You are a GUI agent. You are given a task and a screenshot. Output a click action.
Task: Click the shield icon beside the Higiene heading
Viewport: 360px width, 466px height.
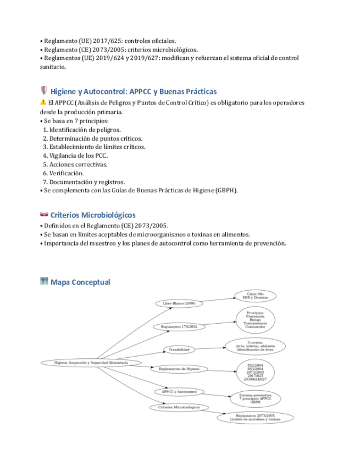click(x=44, y=91)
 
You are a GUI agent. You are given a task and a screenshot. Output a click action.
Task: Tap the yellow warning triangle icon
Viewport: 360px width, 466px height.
click(x=43, y=103)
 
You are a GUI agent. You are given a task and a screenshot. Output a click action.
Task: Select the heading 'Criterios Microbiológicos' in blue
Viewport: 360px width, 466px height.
click(x=92, y=215)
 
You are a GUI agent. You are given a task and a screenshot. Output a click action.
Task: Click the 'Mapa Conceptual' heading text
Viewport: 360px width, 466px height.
click(x=80, y=282)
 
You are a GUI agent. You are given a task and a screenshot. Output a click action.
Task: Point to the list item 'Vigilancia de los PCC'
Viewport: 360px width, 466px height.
click(x=78, y=156)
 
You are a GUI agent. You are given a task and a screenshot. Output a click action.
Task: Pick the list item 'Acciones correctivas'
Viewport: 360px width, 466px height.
click(x=78, y=164)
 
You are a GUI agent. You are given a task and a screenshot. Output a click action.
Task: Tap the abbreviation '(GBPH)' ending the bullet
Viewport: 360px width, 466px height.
click(x=226, y=191)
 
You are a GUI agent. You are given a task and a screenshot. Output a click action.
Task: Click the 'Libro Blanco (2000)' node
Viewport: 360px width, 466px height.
click(x=178, y=303)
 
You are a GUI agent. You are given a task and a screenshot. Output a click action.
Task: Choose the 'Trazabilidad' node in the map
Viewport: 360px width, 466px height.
click(x=179, y=349)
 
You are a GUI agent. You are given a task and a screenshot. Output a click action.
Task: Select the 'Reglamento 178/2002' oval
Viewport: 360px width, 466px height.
click(x=179, y=326)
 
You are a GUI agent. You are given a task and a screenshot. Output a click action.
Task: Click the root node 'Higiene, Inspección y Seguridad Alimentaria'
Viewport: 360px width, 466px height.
click(x=91, y=363)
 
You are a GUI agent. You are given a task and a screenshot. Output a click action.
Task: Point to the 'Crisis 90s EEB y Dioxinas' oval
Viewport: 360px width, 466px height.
click(x=256, y=296)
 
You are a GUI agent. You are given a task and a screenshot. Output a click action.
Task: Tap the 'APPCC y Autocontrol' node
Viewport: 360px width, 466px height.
click(x=179, y=392)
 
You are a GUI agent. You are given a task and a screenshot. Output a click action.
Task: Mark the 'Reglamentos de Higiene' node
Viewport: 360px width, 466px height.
click(x=179, y=369)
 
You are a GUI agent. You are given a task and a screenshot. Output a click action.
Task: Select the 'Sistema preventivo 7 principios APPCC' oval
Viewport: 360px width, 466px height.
click(x=255, y=398)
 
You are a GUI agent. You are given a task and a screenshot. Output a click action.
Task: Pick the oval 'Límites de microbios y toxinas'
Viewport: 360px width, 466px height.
click(x=255, y=418)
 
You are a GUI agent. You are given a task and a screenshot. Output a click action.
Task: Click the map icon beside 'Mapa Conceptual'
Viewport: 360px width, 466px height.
click(x=44, y=281)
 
